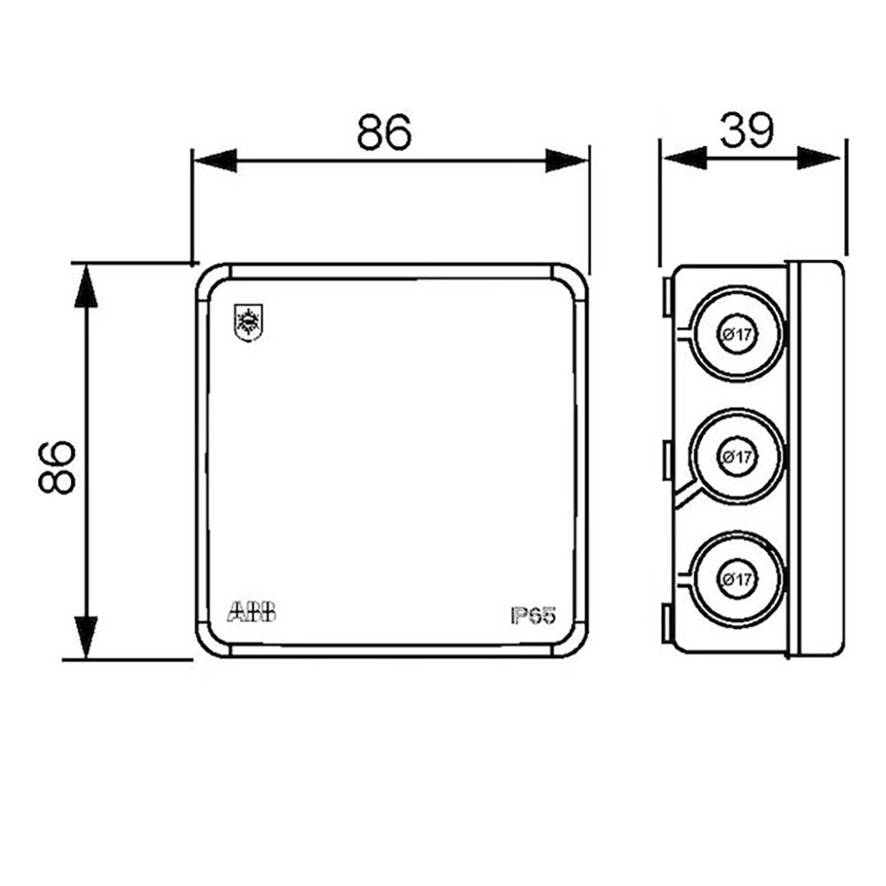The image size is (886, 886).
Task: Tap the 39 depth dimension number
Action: pyautogui.click(x=747, y=130)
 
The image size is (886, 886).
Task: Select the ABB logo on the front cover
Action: pyautogui.click(x=252, y=611)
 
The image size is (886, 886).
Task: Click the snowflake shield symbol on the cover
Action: pyautogui.click(x=248, y=323)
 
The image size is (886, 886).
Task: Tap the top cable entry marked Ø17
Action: pyautogui.click(x=737, y=333)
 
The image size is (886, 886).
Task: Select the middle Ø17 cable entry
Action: pyautogui.click(x=737, y=456)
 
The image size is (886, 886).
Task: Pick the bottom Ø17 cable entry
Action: pyautogui.click(x=737, y=579)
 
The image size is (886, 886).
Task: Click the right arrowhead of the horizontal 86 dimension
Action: pyautogui.click(x=567, y=160)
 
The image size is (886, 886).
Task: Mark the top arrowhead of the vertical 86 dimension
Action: pyautogui.click(x=85, y=285)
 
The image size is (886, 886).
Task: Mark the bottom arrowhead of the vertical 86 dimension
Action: pyautogui.click(x=85, y=638)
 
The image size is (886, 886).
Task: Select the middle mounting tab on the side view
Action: pyautogui.click(x=665, y=460)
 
